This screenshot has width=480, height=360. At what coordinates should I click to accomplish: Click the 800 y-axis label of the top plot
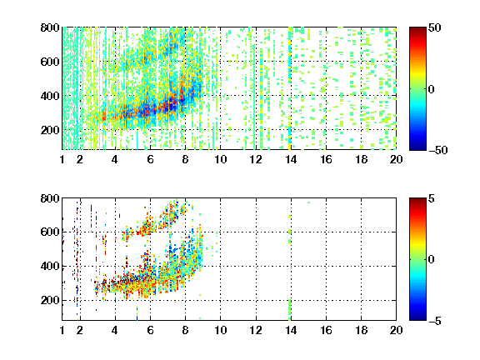pos(50,27)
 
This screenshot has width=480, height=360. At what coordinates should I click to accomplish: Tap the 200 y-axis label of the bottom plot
pos(50,300)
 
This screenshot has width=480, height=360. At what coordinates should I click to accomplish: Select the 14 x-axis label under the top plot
pos(291,159)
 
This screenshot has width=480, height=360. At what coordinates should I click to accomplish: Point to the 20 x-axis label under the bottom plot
pos(396,330)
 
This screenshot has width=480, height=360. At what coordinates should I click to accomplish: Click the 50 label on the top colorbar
pos(434,27)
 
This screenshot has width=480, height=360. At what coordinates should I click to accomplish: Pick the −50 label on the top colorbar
pos(438,150)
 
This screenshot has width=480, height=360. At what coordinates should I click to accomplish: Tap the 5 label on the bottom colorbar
pos(432,198)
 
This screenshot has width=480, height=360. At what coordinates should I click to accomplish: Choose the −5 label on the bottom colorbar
pos(435,321)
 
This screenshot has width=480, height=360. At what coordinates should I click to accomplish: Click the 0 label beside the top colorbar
pos(432,89)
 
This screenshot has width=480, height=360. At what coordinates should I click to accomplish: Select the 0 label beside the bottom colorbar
pos(432,260)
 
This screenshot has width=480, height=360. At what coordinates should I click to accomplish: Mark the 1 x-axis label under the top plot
pos(62,159)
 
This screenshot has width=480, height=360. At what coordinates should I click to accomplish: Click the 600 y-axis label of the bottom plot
pos(50,232)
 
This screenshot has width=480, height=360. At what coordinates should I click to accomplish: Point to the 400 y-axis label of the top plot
pos(50,96)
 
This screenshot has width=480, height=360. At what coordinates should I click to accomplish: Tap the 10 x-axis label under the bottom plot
pos(220,330)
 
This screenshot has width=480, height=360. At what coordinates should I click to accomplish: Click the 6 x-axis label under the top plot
pos(150,159)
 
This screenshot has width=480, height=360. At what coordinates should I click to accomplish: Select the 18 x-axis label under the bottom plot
pos(361,330)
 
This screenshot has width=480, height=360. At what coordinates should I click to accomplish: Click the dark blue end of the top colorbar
pos(417,147)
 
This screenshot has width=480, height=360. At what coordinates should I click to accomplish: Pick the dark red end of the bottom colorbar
pos(417,201)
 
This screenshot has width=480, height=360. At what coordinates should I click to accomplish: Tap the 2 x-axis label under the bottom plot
pos(80,330)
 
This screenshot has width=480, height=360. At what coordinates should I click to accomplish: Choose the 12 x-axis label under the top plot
pos(256,159)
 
